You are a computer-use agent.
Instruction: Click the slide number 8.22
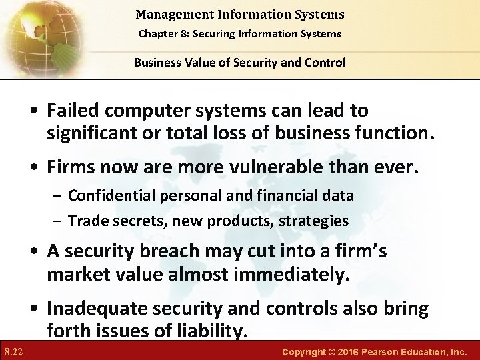[13, 351]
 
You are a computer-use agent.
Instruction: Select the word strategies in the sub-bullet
[314, 220]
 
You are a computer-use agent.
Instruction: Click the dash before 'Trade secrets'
[58, 220]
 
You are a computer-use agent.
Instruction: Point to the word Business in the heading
[157, 63]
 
